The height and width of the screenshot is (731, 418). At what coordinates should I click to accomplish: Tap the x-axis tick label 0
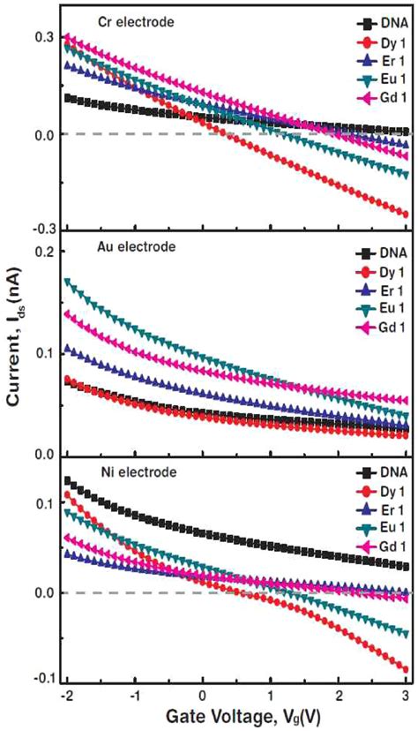coord(203,695)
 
